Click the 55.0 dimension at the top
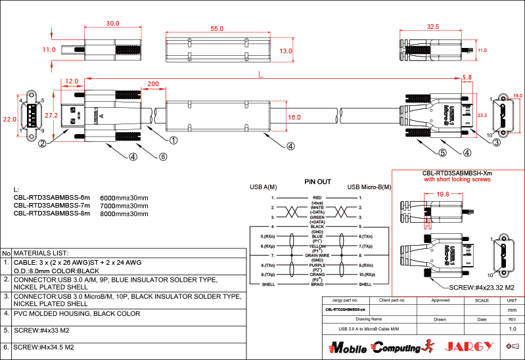click(217, 29)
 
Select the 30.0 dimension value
click(112, 23)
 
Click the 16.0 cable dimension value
click(294, 117)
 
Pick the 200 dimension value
click(153, 84)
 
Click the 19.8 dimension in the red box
click(442, 194)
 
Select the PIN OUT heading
click(317, 181)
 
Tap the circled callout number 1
click(173, 140)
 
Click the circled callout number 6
click(164, 156)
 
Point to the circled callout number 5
click(442, 152)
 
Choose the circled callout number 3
click(497, 141)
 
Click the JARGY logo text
click(469, 346)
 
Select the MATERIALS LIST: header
click(41, 253)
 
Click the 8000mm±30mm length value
click(124, 213)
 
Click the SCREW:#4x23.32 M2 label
click(480, 288)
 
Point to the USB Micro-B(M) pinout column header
click(369, 187)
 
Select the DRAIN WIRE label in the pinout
click(317, 255)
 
